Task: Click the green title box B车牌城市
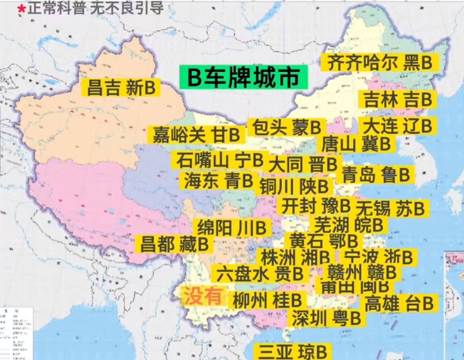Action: (244, 77)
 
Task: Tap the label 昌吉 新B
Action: (121, 87)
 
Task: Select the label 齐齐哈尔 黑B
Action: (380, 62)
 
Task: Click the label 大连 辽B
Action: (397, 126)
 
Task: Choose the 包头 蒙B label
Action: (286, 128)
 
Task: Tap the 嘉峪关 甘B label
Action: (196, 135)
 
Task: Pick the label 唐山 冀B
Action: (356, 144)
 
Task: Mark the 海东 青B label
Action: (218, 180)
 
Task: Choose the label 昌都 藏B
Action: (174, 244)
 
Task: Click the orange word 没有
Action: (202, 296)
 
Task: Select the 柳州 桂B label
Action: (267, 300)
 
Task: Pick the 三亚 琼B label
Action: (292, 352)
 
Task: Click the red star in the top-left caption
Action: (21, 9)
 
